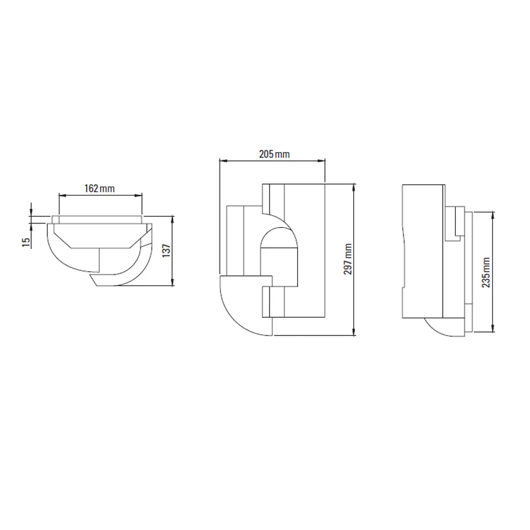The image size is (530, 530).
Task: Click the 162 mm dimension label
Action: coord(99,189)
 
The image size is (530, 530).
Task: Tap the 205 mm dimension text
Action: coord(274,154)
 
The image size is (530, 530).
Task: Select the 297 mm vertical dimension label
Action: coord(348,259)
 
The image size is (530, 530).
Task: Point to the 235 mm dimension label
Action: coord(486,273)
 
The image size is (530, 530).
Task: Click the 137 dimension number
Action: coord(167,250)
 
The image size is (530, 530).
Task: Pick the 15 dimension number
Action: coord(26,242)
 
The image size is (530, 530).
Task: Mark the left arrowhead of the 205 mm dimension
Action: coord(223,161)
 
